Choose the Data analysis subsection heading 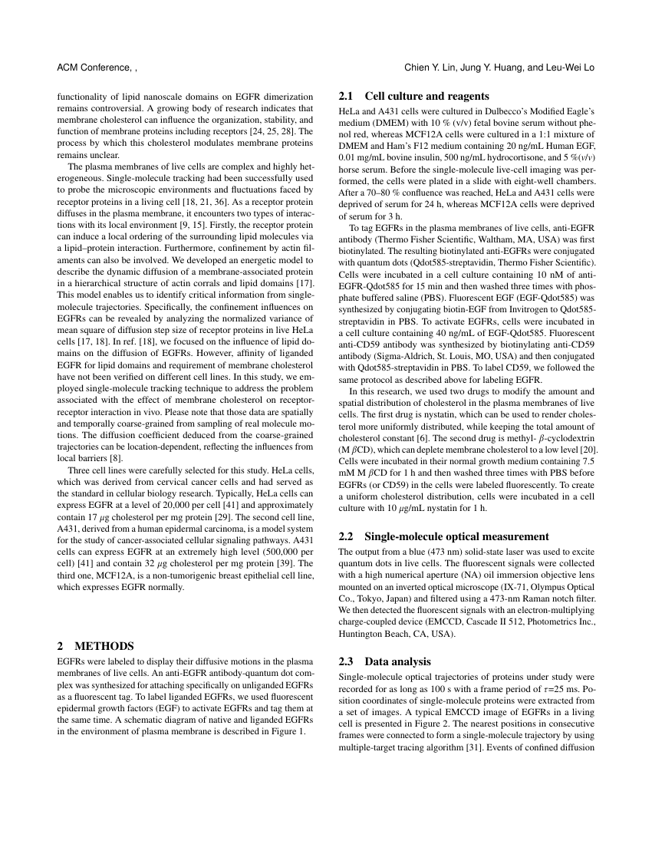pyautogui.click(x=397, y=661)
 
